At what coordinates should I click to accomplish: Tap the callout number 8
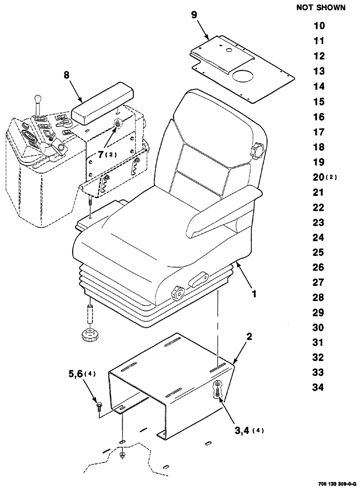(x=67, y=75)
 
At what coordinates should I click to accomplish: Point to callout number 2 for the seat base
(x=249, y=337)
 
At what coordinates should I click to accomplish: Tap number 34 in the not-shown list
(x=318, y=388)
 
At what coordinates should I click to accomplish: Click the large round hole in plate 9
(x=243, y=77)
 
